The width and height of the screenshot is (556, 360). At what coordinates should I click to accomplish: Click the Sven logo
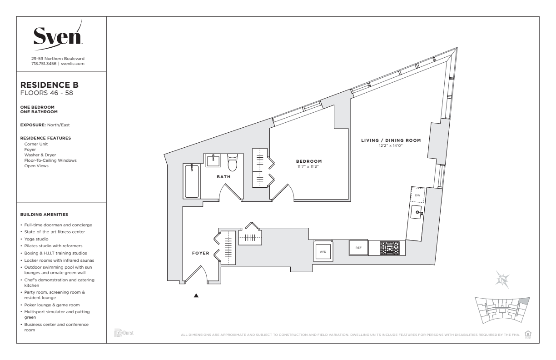[58, 35]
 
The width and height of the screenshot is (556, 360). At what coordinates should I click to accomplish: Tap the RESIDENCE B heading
[50, 85]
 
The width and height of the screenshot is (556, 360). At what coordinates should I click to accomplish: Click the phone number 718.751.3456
[44, 64]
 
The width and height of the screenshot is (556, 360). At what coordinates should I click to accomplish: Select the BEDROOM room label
[309, 161]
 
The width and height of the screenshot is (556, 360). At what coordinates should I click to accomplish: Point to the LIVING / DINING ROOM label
[391, 140]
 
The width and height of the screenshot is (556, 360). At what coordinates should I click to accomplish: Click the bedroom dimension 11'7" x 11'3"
[308, 166]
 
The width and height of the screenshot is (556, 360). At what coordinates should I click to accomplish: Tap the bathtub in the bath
[192, 181]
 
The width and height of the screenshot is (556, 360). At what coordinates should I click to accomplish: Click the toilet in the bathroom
[232, 162]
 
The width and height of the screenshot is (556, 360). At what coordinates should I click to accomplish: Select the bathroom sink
[213, 161]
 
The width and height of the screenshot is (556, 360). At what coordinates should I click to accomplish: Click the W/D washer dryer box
[323, 251]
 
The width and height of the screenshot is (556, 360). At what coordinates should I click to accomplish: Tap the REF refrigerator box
[358, 247]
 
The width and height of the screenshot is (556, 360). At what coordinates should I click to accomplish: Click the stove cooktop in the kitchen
[390, 248]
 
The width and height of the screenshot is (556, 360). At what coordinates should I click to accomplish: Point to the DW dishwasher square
[417, 195]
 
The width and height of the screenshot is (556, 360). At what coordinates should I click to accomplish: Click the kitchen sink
[416, 212]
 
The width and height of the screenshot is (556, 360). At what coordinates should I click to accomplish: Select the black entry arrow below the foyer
[196, 295]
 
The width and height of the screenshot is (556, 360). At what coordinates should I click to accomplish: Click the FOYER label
[201, 253]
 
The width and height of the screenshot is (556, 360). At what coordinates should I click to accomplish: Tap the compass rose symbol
[502, 280]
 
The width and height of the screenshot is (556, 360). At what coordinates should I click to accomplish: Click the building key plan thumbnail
[502, 310]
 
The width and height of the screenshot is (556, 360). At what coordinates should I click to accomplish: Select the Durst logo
[124, 333]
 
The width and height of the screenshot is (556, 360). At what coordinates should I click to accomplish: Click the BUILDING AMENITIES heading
[44, 215]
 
